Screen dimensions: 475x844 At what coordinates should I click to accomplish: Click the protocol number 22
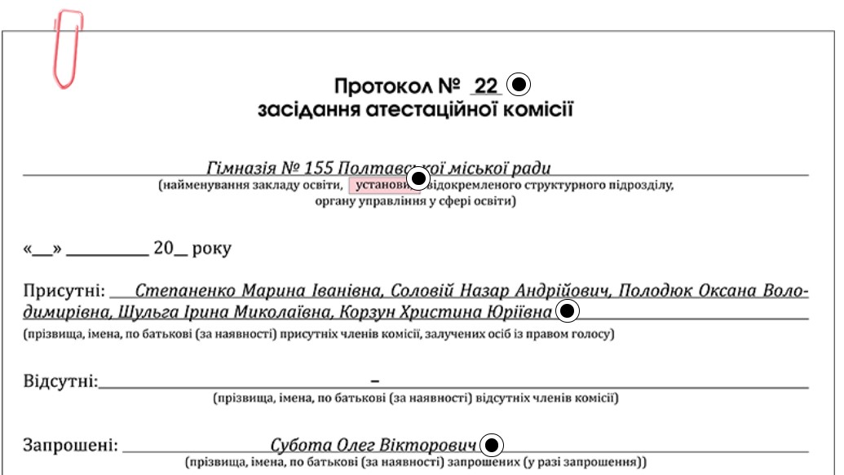click(x=485, y=86)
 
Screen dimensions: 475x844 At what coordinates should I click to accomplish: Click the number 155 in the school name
click(x=319, y=169)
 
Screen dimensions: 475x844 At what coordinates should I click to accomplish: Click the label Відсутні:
click(x=60, y=381)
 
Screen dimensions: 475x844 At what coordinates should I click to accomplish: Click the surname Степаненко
click(x=185, y=291)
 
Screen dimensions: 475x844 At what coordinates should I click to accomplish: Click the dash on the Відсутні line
click(x=375, y=380)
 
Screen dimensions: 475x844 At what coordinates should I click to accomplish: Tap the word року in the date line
click(x=210, y=248)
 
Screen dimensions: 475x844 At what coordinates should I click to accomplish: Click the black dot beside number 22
click(x=519, y=84)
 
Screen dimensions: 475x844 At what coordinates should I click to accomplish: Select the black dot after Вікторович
click(x=493, y=445)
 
